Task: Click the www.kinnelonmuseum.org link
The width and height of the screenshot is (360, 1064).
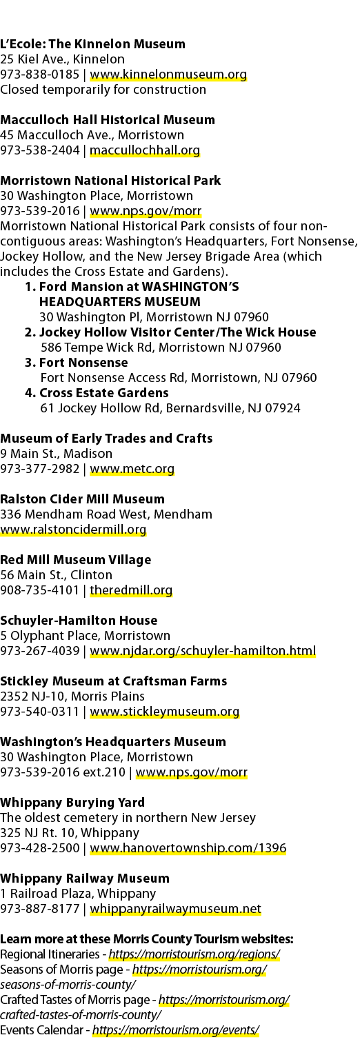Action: pos(168,74)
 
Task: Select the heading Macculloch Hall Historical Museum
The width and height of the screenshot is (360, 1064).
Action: pos(108,120)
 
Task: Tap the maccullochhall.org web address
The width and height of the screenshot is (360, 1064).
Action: pos(145,150)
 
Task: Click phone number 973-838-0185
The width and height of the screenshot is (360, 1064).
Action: pos(39,74)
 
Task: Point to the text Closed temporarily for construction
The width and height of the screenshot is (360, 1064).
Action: pos(103,90)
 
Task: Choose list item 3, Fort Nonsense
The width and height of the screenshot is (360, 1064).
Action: pos(77,363)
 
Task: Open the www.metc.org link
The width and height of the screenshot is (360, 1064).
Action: pos(132,469)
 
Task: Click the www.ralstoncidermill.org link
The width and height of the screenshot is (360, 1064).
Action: pos(73,530)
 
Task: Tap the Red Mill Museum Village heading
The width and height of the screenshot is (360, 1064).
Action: pos(75,559)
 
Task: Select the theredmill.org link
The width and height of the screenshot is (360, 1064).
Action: pos(131,590)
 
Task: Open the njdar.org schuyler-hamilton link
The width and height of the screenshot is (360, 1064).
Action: pos(203,651)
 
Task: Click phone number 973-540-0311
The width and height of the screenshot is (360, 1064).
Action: pos(39,712)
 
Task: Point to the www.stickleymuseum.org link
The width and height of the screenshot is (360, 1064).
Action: pos(164,712)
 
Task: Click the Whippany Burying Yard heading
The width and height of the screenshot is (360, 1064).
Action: pos(72,803)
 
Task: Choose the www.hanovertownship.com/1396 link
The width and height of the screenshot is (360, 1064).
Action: pos(188,848)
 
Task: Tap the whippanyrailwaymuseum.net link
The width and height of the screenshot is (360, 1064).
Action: pos(175,909)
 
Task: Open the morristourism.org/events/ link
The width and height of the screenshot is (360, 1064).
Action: pos(176,1030)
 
